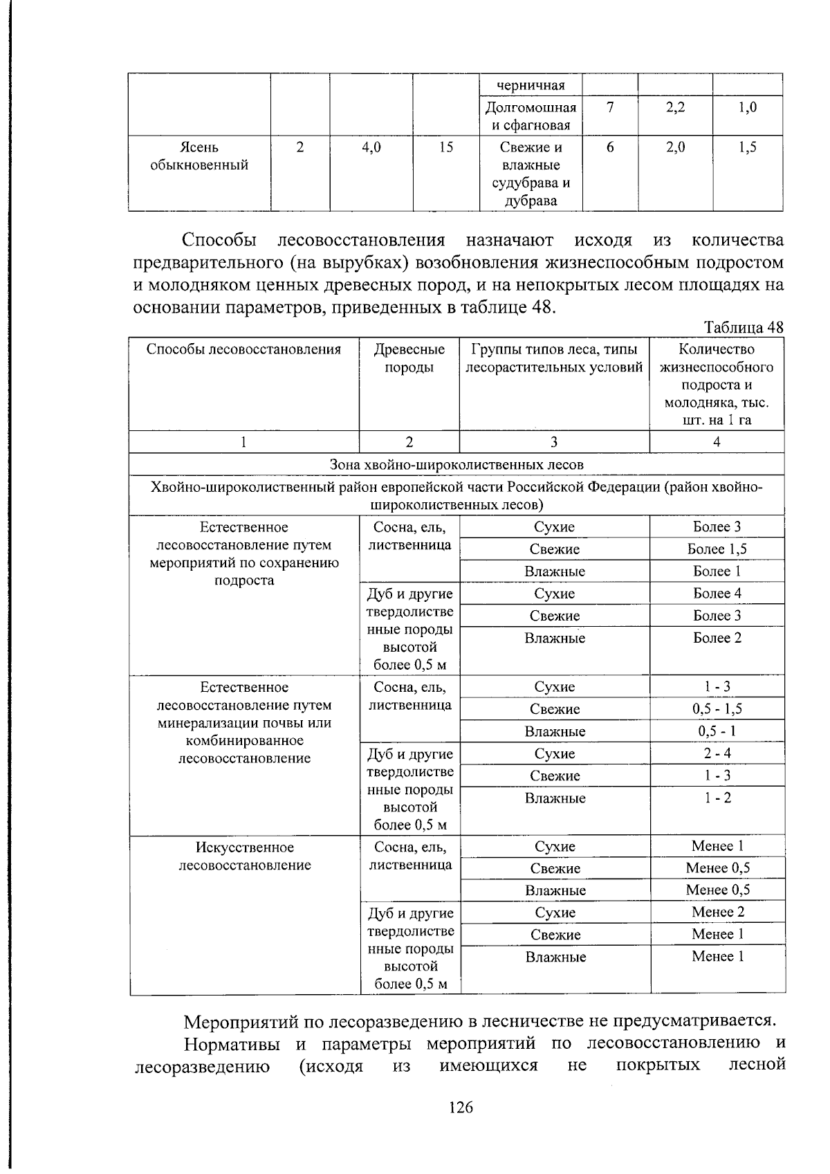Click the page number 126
tap(461, 1108)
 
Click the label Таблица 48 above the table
tap(744, 327)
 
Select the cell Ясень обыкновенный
tap(199, 156)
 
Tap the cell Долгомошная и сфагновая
tap(531, 116)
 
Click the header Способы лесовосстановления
tap(243, 349)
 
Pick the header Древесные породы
tap(409, 358)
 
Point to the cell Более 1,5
tap(717, 549)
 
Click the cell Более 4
tap(717, 594)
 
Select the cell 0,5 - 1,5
tap(717, 709)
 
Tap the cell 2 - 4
tap(717, 753)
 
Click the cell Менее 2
tap(717, 912)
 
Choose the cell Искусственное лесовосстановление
tap(245, 856)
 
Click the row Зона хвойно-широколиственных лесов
tap(456, 464)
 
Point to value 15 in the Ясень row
tap(445, 147)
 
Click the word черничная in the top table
tap(531, 86)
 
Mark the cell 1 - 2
tap(717, 798)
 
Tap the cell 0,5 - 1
tap(717, 731)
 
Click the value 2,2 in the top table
tap(675, 107)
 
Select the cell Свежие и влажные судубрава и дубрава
tap(531, 174)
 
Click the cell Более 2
tap(717, 638)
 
